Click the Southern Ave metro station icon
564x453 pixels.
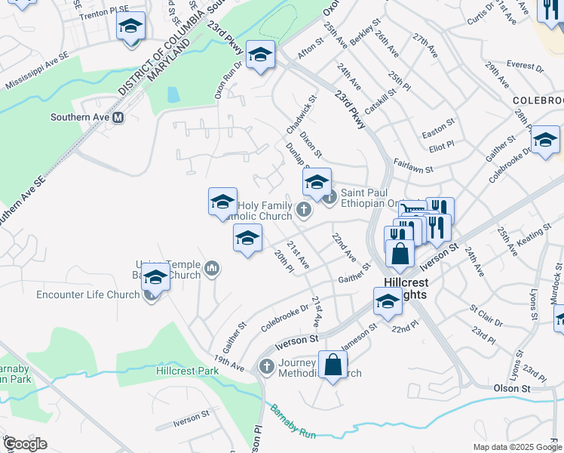[x=118, y=118]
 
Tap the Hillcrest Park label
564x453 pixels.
[x=187, y=371]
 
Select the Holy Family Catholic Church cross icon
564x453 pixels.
[x=303, y=210]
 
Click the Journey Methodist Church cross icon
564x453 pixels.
[x=265, y=367]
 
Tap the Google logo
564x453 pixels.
[x=25, y=444]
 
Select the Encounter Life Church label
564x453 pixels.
[x=87, y=294]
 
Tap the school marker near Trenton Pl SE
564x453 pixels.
[x=130, y=28]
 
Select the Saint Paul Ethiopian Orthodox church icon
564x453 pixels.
[x=330, y=198]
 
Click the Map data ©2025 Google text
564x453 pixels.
[x=516, y=447]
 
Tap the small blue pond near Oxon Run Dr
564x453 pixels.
[x=173, y=94]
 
